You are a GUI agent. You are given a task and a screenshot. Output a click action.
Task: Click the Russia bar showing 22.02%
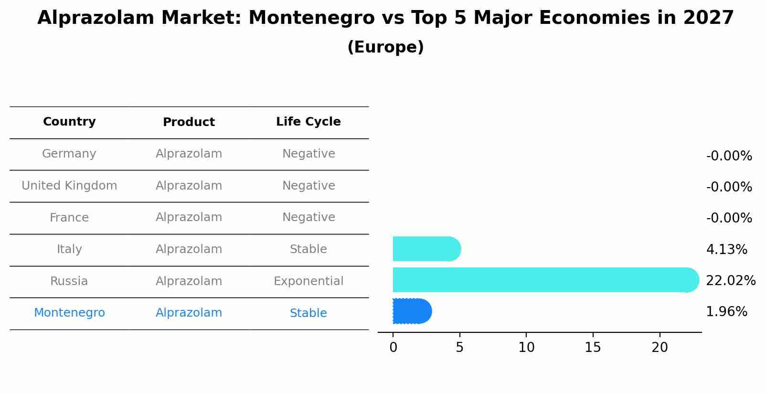(544, 280)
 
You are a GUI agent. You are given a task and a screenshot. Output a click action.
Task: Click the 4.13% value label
(726, 249)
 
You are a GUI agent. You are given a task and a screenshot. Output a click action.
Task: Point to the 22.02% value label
(730, 280)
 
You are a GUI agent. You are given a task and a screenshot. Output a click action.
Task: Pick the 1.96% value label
(726, 312)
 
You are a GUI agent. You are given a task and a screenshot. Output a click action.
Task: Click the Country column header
(69, 122)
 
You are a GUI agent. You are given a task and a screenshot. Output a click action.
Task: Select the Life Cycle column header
(308, 122)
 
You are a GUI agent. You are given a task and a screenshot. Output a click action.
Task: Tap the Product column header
(189, 122)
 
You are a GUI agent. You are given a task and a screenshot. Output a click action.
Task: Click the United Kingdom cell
(69, 186)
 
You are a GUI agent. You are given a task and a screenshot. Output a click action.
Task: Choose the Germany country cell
(69, 154)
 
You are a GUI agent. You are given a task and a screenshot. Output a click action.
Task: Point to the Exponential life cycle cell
(308, 281)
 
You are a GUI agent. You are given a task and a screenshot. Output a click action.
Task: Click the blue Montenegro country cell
(69, 313)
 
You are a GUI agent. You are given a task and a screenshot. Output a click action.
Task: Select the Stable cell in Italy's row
(308, 249)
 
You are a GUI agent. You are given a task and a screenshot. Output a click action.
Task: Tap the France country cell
(69, 218)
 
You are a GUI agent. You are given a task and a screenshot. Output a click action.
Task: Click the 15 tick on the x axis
(593, 348)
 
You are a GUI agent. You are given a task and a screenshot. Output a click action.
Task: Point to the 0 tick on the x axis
(393, 348)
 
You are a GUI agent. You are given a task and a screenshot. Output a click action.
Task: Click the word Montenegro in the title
(311, 18)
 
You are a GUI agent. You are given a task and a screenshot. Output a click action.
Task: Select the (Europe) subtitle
(385, 47)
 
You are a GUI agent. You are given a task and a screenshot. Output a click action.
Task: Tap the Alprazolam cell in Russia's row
(189, 281)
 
